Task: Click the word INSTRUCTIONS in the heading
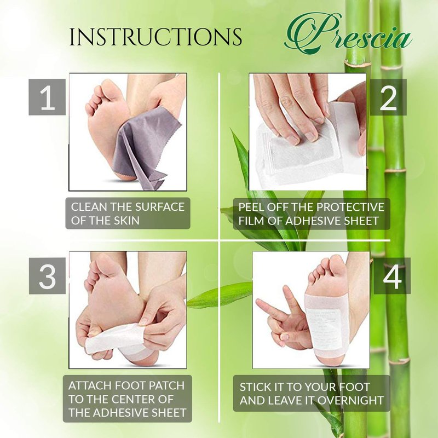(155, 37)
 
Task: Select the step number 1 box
(47, 97)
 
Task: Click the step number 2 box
(388, 97)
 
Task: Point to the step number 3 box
(47, 275)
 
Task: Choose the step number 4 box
(392, 275)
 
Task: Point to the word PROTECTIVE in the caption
(351, 207)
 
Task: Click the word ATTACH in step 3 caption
(88, 385)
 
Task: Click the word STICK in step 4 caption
(253, 387)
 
